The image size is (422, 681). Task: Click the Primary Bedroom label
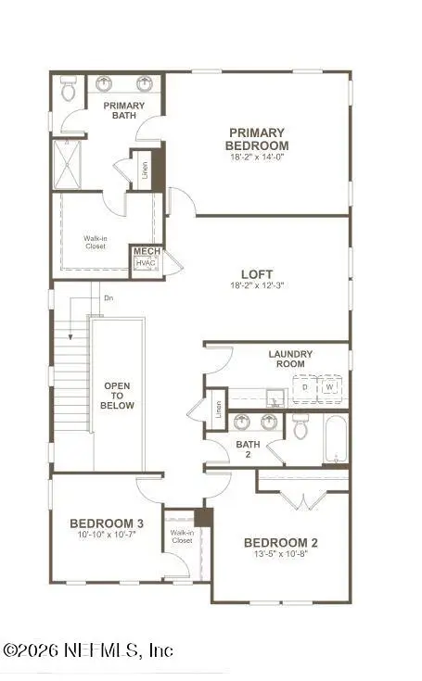click(x=257, y=139)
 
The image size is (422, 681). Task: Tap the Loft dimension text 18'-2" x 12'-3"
click(x=257, y=285)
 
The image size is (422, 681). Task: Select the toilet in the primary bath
click(x=68, y=88)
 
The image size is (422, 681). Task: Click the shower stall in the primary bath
click(x=68, y=164)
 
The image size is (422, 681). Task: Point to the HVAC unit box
click(x=146, y=263)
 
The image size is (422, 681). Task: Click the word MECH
click(x=147, y=251)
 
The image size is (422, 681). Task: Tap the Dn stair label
click(x=109, y=298)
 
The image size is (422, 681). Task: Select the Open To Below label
click(x=118, y=396)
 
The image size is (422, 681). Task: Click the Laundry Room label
click(x=290, y=359)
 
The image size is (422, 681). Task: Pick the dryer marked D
click(x=304, y=387)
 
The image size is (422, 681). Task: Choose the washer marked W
click(x=330, y=387)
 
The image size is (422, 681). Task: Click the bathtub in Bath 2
click(x=335, y=438)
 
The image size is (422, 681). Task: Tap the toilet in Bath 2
click(x=301, y=426)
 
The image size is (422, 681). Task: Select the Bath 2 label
click(x=248, y=449)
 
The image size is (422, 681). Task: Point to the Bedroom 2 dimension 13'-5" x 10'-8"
click(x=281, y=554)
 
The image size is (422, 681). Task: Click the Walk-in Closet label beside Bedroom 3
click(x=182, y=536)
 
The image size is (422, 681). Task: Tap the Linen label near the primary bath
click(x=146, y=170)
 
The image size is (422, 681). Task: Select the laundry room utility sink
click(x=276, y=398)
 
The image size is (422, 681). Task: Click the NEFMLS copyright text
click(x=88, y=650)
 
